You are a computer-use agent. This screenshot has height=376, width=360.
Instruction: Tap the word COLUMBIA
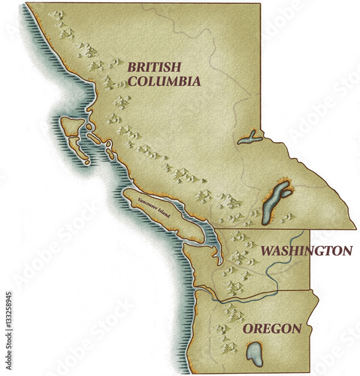pyautogui.click(x=163, y=80)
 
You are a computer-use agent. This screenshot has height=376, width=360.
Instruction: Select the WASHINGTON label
pyautogui.click(x=305, y=250)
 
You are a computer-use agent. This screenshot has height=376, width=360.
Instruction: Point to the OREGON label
pyautogui.click(x=272, y=329)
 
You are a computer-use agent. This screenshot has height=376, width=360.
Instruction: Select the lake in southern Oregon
pyautogui.click(x=256, y=353)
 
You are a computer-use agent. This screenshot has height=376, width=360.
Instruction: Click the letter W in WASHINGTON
pyautogui.click(x=267, y=250)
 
